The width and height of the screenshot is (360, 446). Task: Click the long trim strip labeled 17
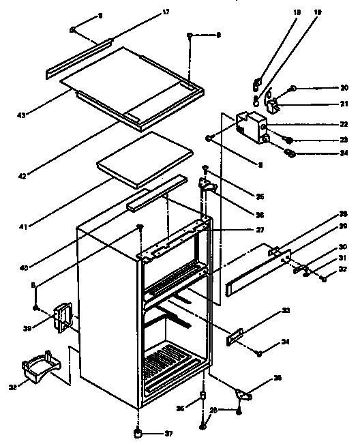click(78, 59)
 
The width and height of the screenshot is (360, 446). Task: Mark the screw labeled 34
click(260, 353)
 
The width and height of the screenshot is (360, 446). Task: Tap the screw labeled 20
click(292, 88)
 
